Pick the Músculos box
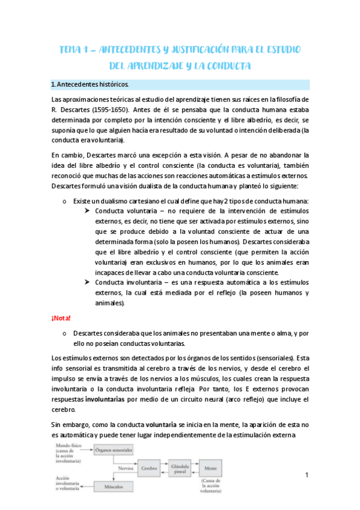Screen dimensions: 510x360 click(x=113, y=485)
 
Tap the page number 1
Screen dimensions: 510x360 click(x=306, y=476)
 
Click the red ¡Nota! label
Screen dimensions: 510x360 click(x=61, y=318)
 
